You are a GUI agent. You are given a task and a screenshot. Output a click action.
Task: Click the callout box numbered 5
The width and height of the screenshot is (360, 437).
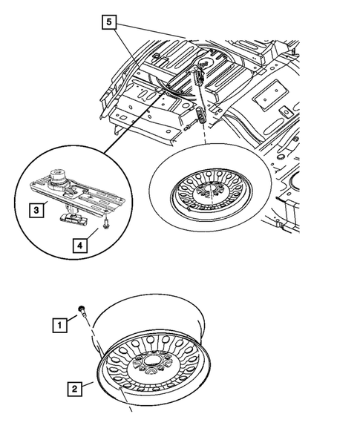(x=110, y=23)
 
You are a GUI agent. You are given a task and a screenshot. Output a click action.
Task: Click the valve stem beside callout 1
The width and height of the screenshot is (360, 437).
(x=82, y=309)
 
